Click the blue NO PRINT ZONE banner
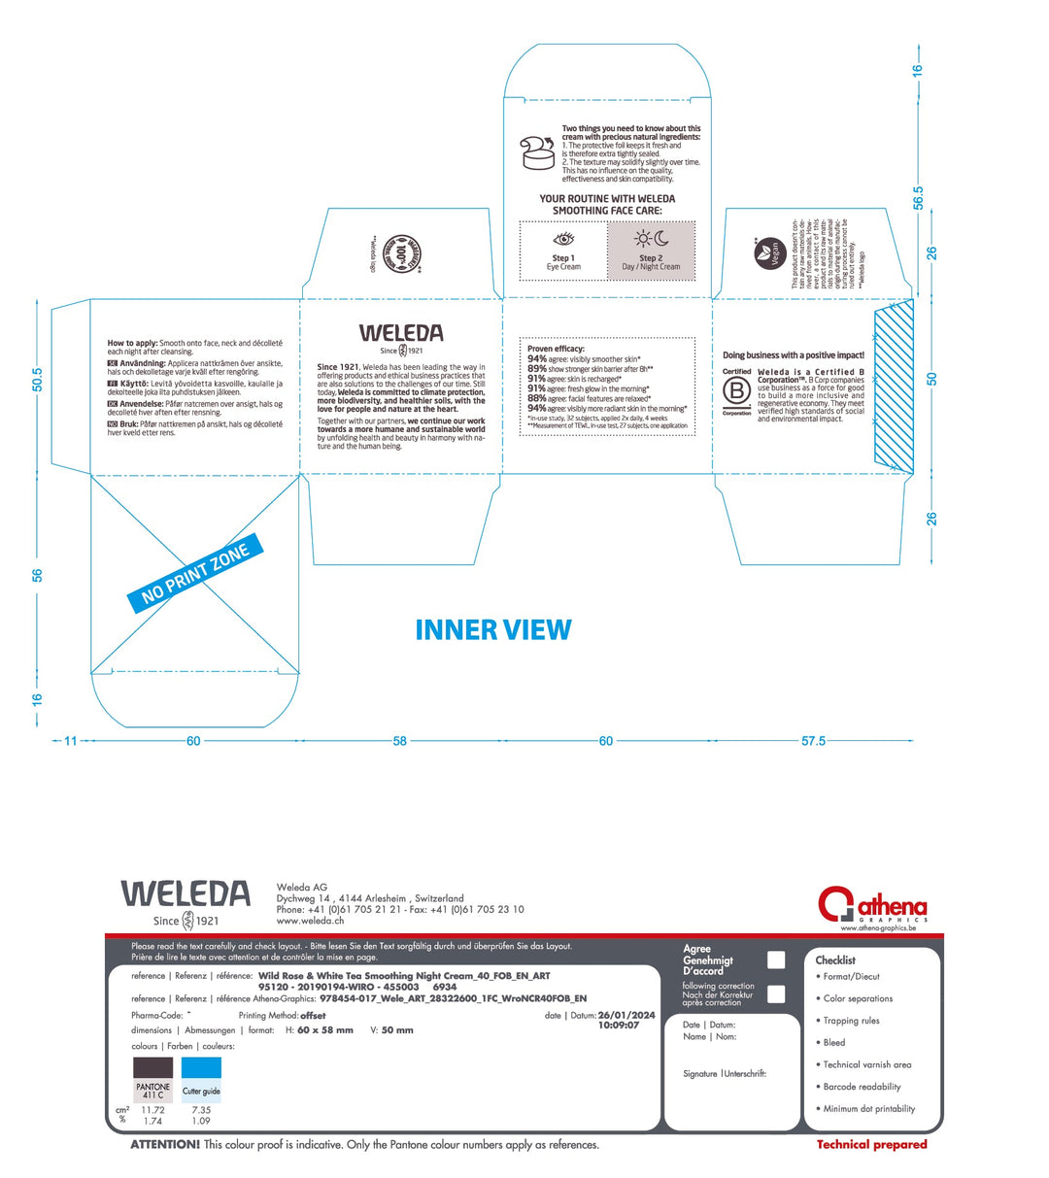click(x=195, y=578)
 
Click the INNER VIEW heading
click(x=493, y=630)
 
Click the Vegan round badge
click(x=769, y=254)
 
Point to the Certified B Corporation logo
click(x=737, y=391)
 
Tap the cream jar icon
click(x=536, y=151)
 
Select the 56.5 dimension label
click(x=918, y=197)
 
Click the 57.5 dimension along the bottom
click(x=813, y=741)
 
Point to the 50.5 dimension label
click(x=38, y=380)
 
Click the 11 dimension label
click(x=70, y=741)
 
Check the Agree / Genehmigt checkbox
click(x=776, y=959)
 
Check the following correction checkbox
click(x=776, y=993)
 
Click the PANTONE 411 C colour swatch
click(x=152, y=1079)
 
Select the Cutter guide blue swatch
click(x=201, y=1079)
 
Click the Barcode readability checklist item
click(x=862, y=1087)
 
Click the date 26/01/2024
click(x=626, y=1016)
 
